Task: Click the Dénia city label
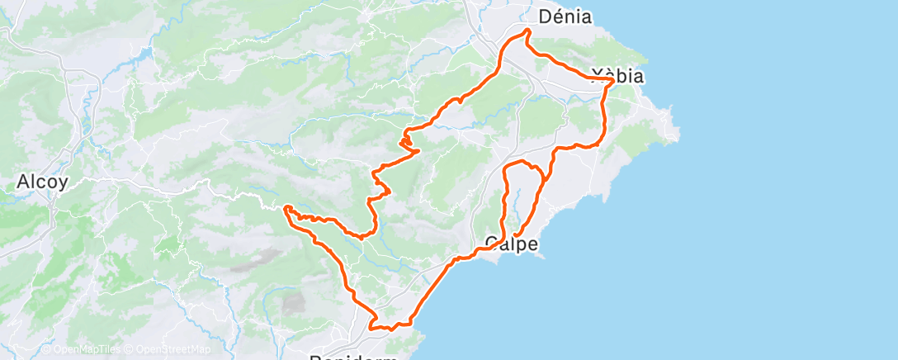(565, 16)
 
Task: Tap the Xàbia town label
(617, 76)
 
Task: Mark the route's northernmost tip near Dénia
(526, 31)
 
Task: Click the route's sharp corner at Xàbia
(612, 81)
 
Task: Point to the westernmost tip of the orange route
(286, 209)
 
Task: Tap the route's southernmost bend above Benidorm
(371, 327)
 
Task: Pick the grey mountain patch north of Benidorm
(294, 303)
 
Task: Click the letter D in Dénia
(546, 16)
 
